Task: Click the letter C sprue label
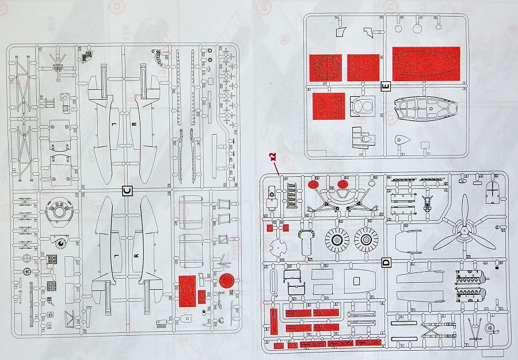[x=127, y=190]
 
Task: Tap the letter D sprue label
[x=386, y=263]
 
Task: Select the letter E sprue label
[x=386, y=87]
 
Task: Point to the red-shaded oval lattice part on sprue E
[x=325, y=68]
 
